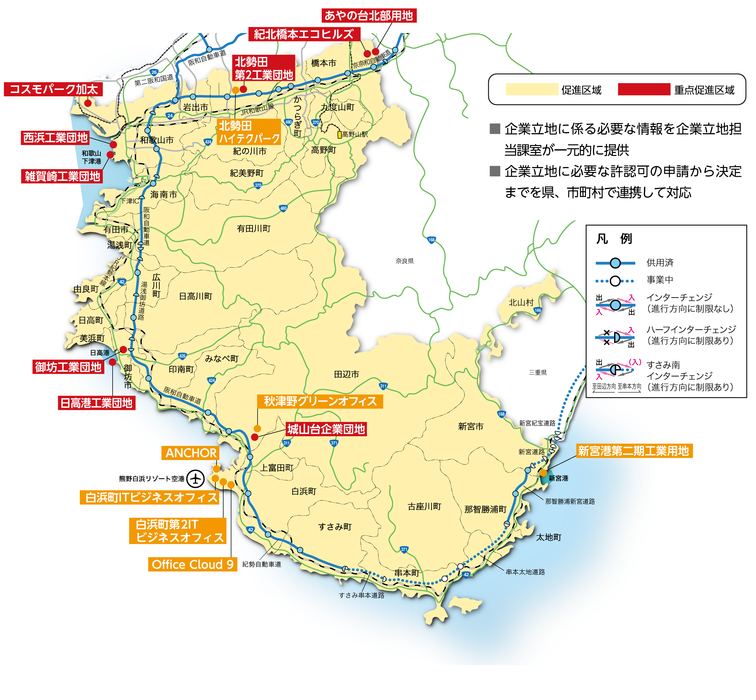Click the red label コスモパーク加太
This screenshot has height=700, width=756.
coord(53,89)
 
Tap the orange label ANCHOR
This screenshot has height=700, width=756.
coord(191,453)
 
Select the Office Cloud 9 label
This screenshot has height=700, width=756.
coord(192,564)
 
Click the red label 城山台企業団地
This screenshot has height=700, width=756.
coord(326,429)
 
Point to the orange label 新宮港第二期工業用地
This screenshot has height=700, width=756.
coord(633,451)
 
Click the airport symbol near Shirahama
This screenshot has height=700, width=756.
coord(196,479)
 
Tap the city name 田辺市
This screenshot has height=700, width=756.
coord(346,374)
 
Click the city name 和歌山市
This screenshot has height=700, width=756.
coord(157,140)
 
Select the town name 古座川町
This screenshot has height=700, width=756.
coord(424,507)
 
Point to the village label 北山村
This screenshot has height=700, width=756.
coord(521,302)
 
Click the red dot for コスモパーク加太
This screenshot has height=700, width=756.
coord(88,103)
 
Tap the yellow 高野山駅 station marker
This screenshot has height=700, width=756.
coord(339,134)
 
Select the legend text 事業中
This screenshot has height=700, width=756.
coord(660,279)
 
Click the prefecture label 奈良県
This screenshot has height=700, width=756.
coord(404,261)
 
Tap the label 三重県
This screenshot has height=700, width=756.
coord(538,372)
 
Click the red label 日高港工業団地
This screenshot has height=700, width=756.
coord(96,403)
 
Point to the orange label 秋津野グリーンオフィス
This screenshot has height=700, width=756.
coord(320,401)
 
